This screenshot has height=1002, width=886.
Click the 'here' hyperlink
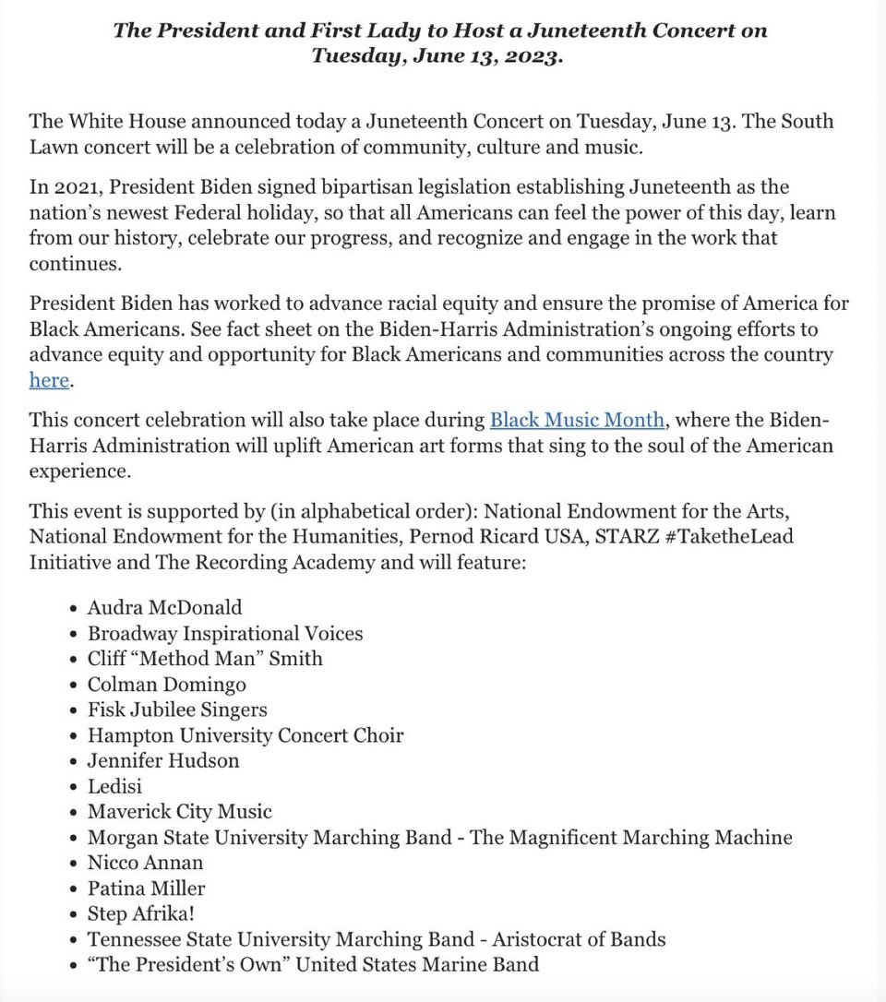[49, 380]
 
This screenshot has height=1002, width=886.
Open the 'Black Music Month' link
[577, 421]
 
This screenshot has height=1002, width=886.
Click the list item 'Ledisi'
[114, 786]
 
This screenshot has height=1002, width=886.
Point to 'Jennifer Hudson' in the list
[163, 761]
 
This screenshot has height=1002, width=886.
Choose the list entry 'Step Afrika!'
[141, 913]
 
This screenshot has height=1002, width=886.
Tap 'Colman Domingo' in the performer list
[167, 685]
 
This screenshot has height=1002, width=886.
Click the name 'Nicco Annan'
[145, 863]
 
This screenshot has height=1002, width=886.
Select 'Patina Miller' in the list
[146, 889]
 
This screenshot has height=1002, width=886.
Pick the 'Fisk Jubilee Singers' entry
[177, 710]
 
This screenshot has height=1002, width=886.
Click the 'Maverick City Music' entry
[180, 812]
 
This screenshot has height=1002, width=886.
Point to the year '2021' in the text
[78, 188]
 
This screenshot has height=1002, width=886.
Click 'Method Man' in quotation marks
[207, 659]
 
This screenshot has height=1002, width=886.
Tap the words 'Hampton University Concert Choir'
[245, 735]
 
